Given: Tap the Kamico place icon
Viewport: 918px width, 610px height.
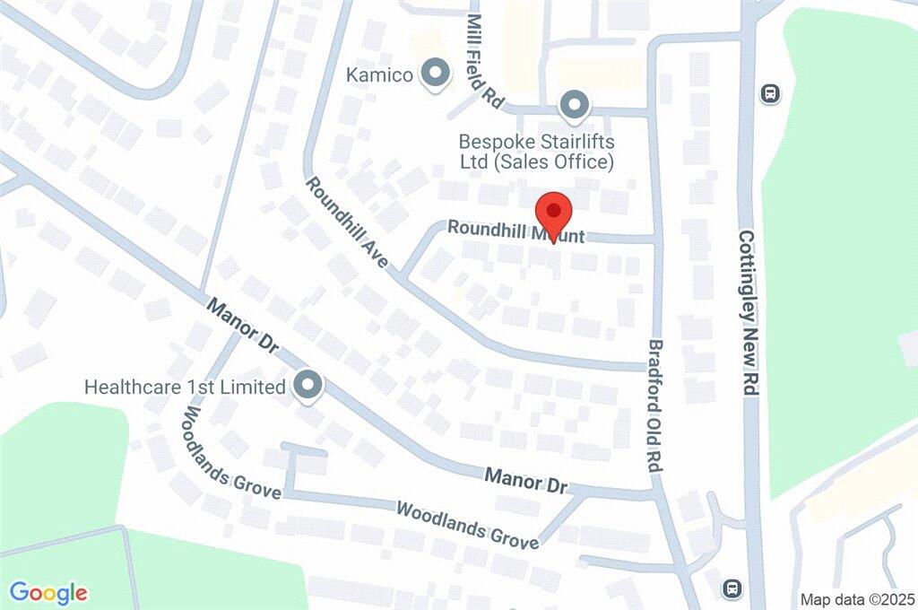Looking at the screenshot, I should coord(437,74).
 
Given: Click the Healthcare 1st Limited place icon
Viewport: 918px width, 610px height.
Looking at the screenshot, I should coord(308,387).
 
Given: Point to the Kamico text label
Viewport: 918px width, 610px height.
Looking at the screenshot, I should coord(380,75).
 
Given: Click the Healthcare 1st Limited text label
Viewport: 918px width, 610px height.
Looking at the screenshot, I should coord(185,388).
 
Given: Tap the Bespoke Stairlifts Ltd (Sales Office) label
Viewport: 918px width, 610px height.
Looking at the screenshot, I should coord(536,152).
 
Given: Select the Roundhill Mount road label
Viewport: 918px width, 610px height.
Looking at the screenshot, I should coord(515,232).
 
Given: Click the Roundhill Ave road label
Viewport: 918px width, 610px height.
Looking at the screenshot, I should coord(347,223).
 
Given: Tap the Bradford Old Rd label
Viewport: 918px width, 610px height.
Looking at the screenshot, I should coord(656,406).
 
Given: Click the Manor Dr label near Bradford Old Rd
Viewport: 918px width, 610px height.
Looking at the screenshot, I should coord(527,480).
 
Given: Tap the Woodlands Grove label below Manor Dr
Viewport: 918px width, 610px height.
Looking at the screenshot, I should coord(467,524).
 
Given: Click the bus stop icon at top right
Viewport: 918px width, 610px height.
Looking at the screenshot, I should coord(769,92).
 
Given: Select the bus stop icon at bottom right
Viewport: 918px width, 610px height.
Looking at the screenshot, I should coord(732,588).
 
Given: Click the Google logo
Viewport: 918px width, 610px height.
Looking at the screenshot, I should coord(48,592).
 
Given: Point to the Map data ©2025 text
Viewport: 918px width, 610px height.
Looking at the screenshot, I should coord(855,598).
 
